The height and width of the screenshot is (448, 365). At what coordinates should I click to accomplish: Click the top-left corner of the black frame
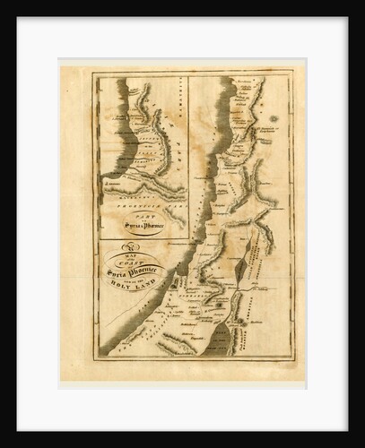tap(7, 7)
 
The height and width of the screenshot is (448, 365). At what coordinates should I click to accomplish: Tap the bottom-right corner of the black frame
tap(358, 441)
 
